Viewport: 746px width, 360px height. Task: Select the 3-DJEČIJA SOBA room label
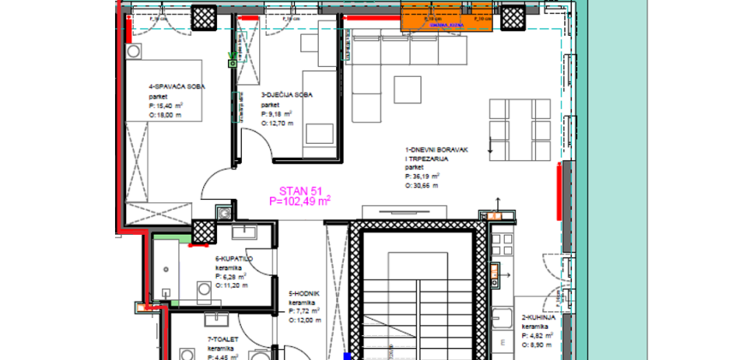point(280,95)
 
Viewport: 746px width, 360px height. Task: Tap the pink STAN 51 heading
point(299,190)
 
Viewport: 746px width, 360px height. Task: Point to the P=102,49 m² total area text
point(300,201)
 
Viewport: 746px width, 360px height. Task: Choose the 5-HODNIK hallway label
point(304,294)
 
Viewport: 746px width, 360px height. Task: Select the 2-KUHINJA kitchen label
point(539,316)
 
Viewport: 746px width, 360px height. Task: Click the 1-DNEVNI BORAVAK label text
point(436,150)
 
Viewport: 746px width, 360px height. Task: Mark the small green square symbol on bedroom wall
point(232,62)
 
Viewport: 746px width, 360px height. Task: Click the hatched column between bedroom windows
point(203,16)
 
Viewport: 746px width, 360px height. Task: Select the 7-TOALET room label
point(222,338)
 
